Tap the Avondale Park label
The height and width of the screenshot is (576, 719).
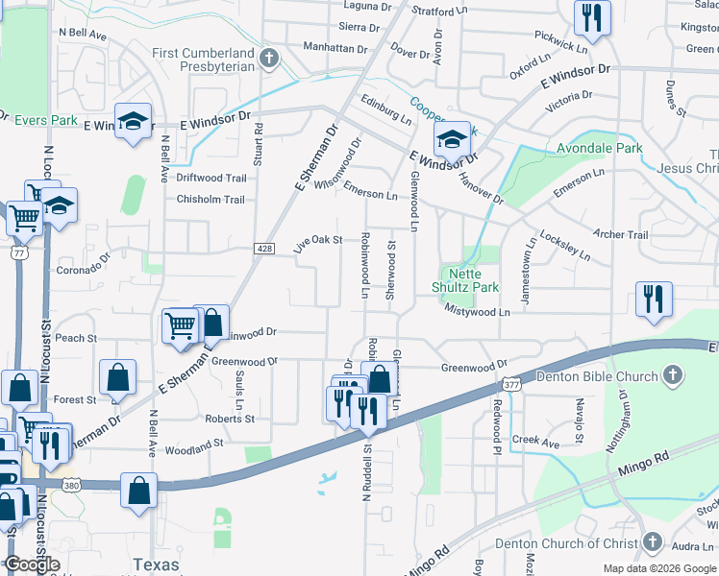coord(600,149)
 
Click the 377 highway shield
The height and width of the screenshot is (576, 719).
coord(511,384)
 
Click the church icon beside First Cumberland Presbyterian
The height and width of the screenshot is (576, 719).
coord(269,59)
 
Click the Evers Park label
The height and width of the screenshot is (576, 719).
coord(46,120)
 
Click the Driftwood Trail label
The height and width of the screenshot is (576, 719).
coord(211,178)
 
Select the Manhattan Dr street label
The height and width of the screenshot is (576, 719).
coord(335,47)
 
